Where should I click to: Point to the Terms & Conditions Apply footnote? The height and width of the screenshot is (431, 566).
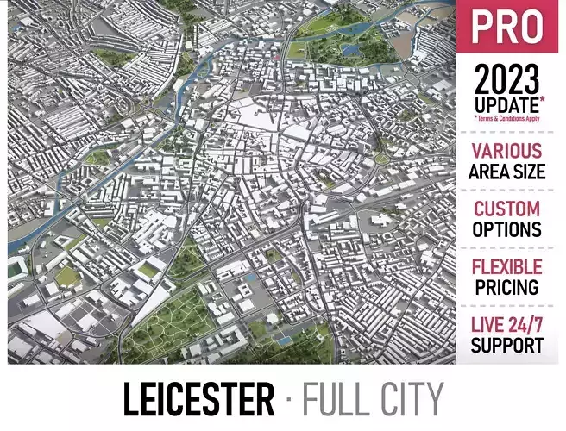click(508, 118)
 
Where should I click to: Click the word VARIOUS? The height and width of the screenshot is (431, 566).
click(508, 151)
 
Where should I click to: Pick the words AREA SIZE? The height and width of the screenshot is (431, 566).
click(508, 171)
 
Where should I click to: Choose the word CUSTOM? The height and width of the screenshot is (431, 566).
click(508, 209)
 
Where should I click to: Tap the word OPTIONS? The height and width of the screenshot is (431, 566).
click(508, 229)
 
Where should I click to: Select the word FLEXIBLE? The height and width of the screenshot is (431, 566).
click(508, 266)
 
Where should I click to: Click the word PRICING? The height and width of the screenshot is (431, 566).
click(508, 287)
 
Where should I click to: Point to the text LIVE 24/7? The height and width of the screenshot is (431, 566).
click(508, 325)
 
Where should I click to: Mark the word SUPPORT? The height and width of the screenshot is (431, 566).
click(508, 346)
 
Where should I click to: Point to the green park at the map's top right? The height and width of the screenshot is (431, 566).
click(345, 39)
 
